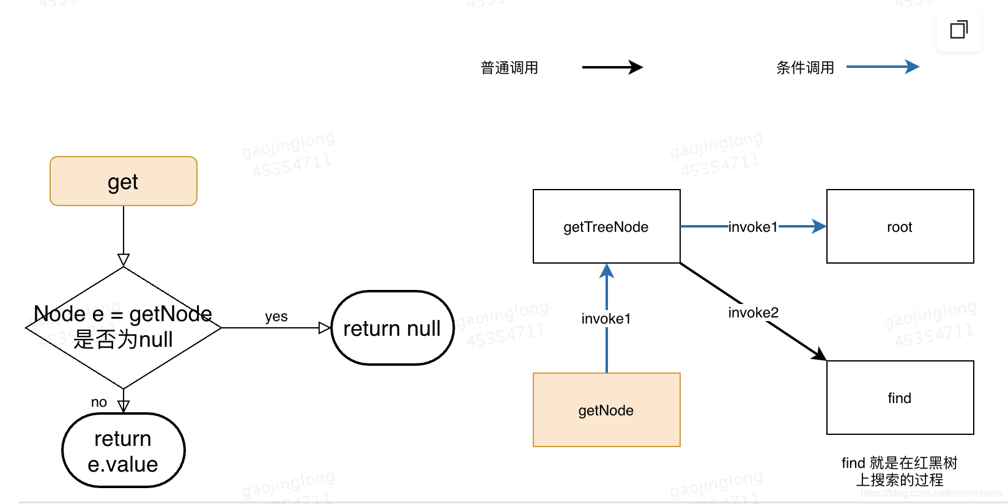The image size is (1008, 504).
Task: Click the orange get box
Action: [x=124, y=181]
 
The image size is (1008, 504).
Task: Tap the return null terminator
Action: [x=392, y=328]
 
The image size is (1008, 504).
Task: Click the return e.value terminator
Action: [x=124, y=451]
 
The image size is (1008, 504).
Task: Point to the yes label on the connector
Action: [x=276, y=316]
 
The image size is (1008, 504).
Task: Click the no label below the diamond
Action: [x=99, y=402]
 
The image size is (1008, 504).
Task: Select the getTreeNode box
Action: [x=606, y=226]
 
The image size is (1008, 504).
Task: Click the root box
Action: [x=900, y=226]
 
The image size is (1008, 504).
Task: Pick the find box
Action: [x=900, y=398]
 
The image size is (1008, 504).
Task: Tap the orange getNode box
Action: [x=606, y=410]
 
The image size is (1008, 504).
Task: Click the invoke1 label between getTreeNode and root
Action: [x=753, y=227]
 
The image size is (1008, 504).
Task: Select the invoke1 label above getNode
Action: [x=606, y=319]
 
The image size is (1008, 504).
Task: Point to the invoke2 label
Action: [x=753, y=313]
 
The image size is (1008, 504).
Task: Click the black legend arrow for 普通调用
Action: [x=612, y=67]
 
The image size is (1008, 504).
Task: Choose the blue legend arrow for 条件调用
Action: [x=883, y=67]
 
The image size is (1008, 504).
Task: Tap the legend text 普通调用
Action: [x=510, y=68]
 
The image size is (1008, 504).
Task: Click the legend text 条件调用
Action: [x=805, y=68]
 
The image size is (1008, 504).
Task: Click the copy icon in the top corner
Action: [x=958, y=29]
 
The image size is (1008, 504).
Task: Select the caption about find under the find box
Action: [x=899, y=471]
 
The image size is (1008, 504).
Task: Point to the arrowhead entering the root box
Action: [x=820, y=226]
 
